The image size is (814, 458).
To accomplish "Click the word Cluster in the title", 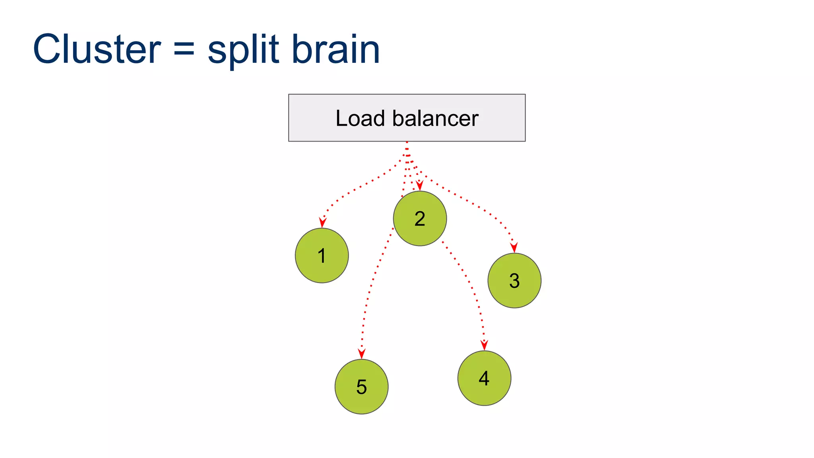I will click(x=97, y=49).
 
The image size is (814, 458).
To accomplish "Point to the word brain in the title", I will click(x=335, y=49).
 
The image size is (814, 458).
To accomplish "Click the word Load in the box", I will click(x=360, y=118).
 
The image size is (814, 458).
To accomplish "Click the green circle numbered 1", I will click(x=322, y=256).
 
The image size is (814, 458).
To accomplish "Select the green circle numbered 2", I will click(x=420, y=219).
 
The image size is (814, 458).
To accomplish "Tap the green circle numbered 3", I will click(x=514, y=281).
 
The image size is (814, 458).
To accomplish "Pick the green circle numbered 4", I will click(x=484, y=378).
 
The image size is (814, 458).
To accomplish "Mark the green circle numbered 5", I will click(x=361, y=387).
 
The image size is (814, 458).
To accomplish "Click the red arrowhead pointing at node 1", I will click(x=323, y=223).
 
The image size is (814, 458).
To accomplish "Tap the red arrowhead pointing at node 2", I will click(x=419, y=186).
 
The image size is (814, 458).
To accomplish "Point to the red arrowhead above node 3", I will click(x=514, y=248).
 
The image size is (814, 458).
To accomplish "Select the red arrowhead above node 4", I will click(x=484, y=345).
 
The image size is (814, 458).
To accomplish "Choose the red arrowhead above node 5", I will click(x=361, y=354).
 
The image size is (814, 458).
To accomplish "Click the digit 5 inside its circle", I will click(x=361, y=387).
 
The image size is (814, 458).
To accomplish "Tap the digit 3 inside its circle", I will click(x=514, y=281).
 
